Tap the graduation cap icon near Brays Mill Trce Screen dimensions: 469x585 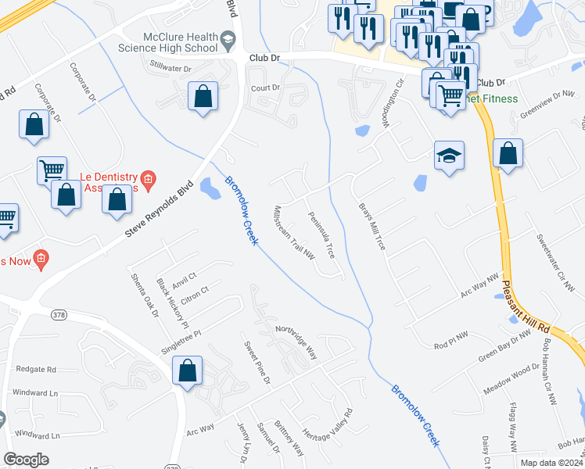point(450,156)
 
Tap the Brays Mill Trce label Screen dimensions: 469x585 point(372,227)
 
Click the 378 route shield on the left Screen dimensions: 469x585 point(58,314)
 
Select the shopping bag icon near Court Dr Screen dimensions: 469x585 point(203,98)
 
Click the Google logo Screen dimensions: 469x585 point(26,460)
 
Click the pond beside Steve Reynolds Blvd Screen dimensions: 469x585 point(210,188)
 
